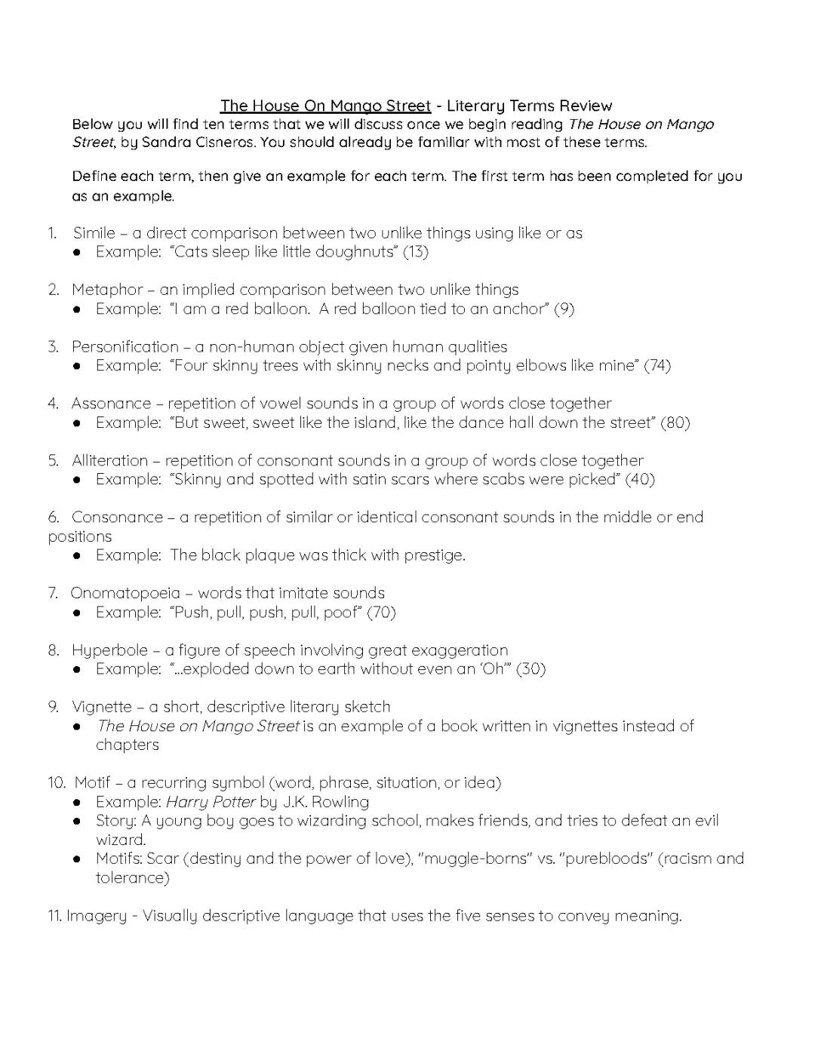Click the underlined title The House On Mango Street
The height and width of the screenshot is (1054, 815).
pyautogui.click(x=325, y=106)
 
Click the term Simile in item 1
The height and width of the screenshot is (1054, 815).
pyautogui.click(x=94, y=233)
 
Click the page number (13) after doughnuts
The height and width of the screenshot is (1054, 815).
pyautogui.click(x=416, y=252)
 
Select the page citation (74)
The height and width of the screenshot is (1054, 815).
pyautogui.click(x=658, y=366)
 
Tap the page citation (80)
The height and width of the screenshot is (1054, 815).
pyautogui.click(x=675, y=423)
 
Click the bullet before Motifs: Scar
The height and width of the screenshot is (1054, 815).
pyautogui.click(x=78, y=859)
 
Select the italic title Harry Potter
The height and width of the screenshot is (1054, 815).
pyautogui.click(x=211, y=802)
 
